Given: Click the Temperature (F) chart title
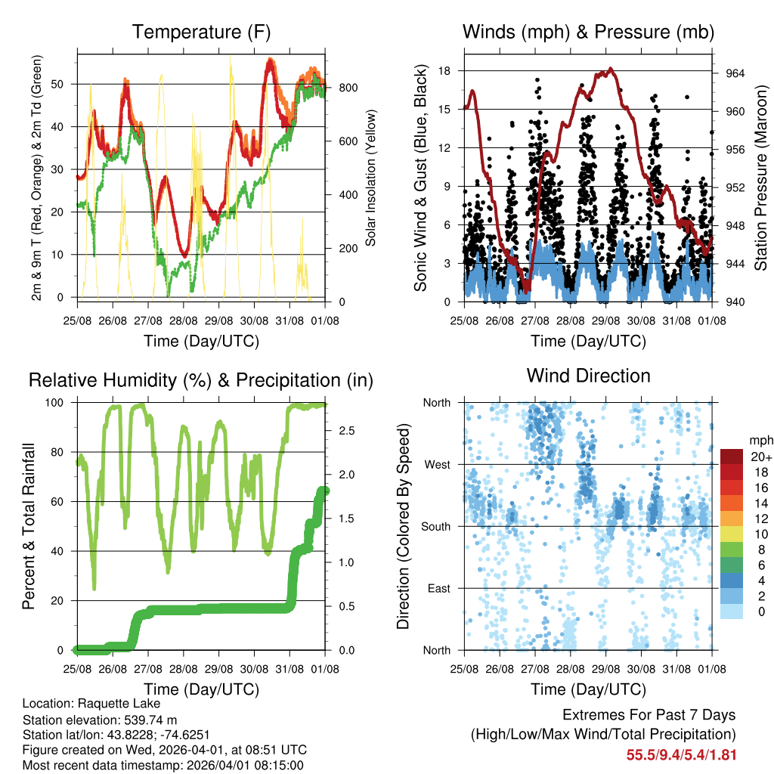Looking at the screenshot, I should click(201, 32).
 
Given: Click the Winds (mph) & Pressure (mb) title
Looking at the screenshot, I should click(588, 32).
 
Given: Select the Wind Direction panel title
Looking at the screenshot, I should click(588, 375).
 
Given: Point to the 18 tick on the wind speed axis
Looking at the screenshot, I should click(444, 71).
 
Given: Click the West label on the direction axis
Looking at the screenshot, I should click(437, 464).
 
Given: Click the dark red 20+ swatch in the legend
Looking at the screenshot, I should click(732, 456).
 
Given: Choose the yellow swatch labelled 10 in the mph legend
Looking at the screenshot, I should click(732, 534).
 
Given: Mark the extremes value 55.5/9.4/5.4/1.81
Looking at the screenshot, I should click(681, 754).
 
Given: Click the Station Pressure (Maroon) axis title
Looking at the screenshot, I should click(760, 178).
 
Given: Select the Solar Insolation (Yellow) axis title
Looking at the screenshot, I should click(371, 178).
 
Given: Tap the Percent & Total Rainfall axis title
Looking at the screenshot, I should click(29, 526).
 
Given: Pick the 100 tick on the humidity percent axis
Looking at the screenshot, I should click(61, 402).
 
